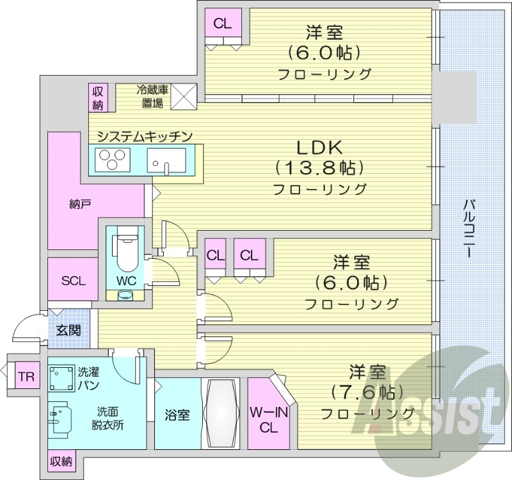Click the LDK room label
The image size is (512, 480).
(x=319, y=147)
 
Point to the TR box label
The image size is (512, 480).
(x=26, y=376)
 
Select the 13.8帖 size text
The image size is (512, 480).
(x=319, y=168)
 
